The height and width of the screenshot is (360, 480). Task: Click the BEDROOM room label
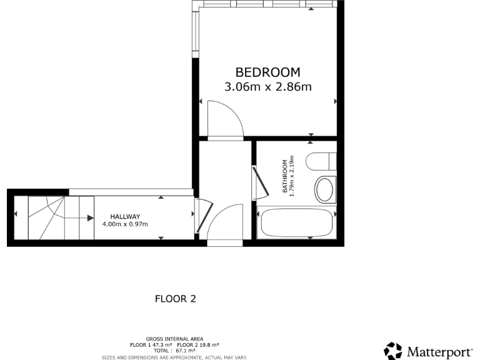click(267, 72)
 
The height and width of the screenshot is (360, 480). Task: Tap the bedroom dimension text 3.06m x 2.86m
click(267, 87)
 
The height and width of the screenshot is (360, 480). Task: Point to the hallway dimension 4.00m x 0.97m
click(125, 224)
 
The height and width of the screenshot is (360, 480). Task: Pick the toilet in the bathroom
click(321, 161)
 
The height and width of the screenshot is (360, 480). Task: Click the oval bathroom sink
click(325, 189)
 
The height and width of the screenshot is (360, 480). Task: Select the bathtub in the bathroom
click(297, 223)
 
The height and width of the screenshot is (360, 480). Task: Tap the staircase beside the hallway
click(53, 217)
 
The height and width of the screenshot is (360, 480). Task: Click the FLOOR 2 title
click(176, 299)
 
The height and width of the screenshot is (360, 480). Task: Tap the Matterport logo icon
click(393, 351)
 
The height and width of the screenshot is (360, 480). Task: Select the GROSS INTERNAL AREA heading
click(174, 339)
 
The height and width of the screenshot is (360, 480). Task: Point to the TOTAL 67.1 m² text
click(174, 350)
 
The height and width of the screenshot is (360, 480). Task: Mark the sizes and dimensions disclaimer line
click(174, 357)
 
